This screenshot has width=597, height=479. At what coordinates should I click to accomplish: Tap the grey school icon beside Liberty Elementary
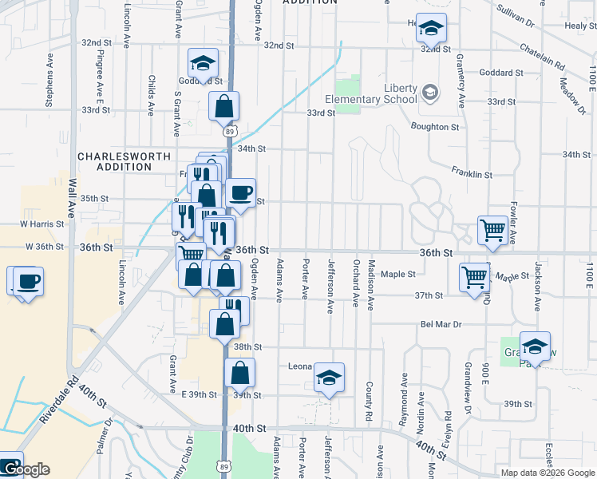pyautogui.click(x=431, y=93)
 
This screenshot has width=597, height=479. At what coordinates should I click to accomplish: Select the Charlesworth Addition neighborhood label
pyautogui.click(x=115, y=161)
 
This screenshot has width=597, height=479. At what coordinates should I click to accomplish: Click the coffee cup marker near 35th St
pyautogui.click(x=240, y=192)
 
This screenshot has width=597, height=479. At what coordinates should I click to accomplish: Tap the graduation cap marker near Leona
pyautogui.click(x=328, y=377)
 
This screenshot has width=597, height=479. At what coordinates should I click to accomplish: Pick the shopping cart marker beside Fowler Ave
pyautogui.click(x=493, y=230)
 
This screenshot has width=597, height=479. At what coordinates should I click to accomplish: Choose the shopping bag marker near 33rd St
pyautogui.click(x=224, y=105)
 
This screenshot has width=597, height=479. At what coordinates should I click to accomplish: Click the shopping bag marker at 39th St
pyautogui.click(x=240, y=372)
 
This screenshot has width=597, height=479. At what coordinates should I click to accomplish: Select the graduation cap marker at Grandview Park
pyautogui.click(x=535, y=346)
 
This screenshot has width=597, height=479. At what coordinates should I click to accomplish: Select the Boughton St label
pyautogui.click(x=435, y=126)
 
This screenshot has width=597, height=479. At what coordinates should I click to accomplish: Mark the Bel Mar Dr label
pyautogui.click(x=441, y=325)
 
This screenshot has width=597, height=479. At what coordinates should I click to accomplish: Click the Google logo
pyautogui.click(x=26, y=470)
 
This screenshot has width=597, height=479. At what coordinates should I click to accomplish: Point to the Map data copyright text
pyautogui.click(x=548, y=473)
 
